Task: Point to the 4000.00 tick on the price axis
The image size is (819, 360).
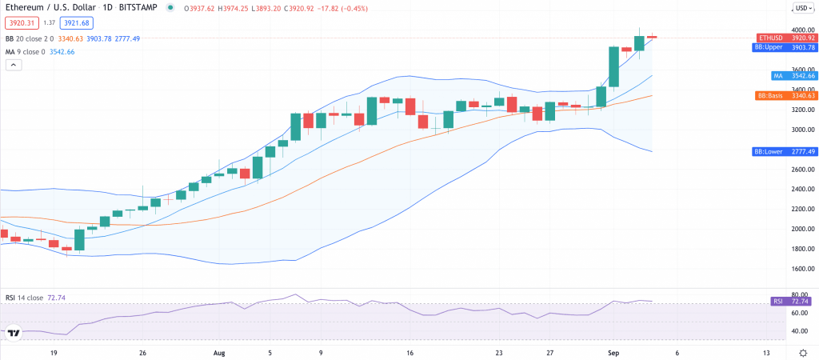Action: [x=801, y=30]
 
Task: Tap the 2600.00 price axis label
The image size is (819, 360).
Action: [x=801, y=170]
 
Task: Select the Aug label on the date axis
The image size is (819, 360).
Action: [x=220, y=352]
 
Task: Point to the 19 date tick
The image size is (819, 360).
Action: [x=54, y=352]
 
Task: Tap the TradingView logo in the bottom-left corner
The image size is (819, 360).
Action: [x=14, y=333]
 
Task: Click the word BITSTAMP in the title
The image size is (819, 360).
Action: [x=141, y=8]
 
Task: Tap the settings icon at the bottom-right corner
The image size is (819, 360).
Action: [x=802, y=352]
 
